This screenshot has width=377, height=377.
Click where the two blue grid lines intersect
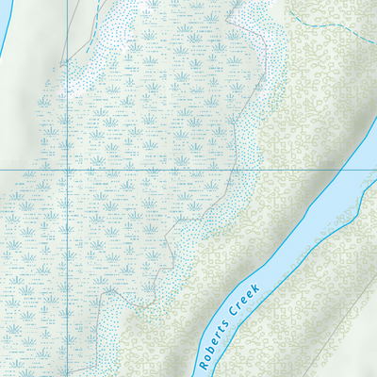click(68, 170)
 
